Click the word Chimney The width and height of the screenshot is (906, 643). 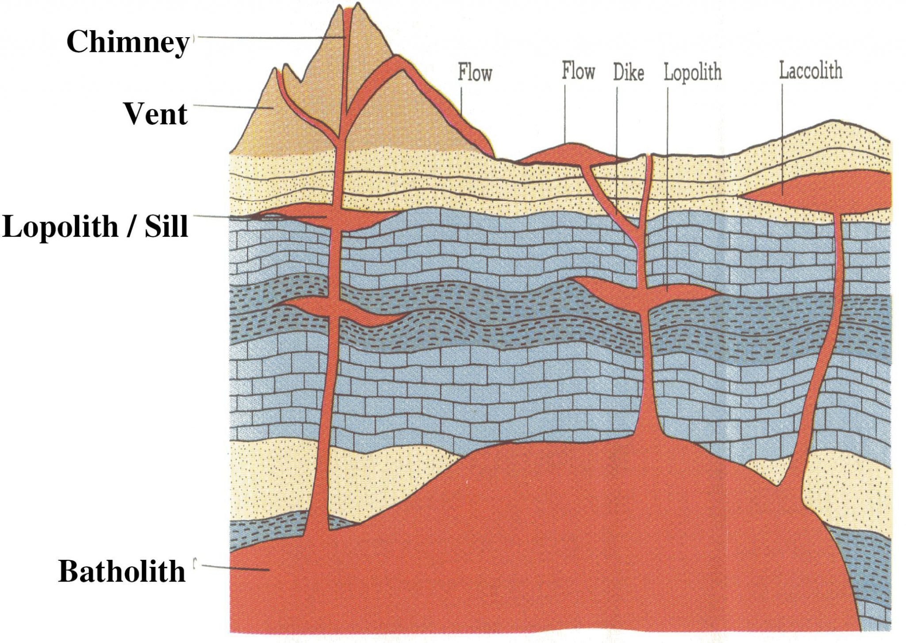(x=128, y=42)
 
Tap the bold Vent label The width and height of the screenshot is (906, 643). (x=155, y=114)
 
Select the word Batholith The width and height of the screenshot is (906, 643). (x=122, y=571)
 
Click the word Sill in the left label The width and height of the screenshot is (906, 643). (x=167, y=226)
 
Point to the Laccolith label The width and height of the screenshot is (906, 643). (x=810, y=71)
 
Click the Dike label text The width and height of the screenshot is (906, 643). (x=628, y=73)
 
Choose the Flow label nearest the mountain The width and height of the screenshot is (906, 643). (x=475, y=73)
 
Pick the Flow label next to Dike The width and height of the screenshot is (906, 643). (x=578, y=71)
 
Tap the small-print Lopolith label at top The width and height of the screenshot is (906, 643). (x=692, y=72)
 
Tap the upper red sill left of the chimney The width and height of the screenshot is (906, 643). (x=301, y=212)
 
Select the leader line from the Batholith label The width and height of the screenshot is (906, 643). (x=234, y=567)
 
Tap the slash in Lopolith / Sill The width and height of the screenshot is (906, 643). (x=131, y=226)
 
